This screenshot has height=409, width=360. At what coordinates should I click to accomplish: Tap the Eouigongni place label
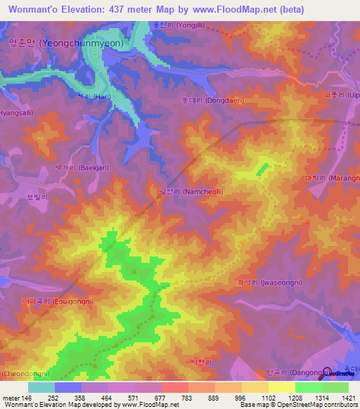point(58,300)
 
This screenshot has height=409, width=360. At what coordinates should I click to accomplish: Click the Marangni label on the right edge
point(334,178)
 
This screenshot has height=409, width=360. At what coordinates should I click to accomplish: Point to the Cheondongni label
point(25,372)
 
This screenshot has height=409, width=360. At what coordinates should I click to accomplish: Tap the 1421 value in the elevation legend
point(336,397)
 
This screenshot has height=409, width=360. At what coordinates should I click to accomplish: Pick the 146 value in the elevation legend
point(25,397)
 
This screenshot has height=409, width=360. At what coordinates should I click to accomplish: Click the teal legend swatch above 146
point(41,387)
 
